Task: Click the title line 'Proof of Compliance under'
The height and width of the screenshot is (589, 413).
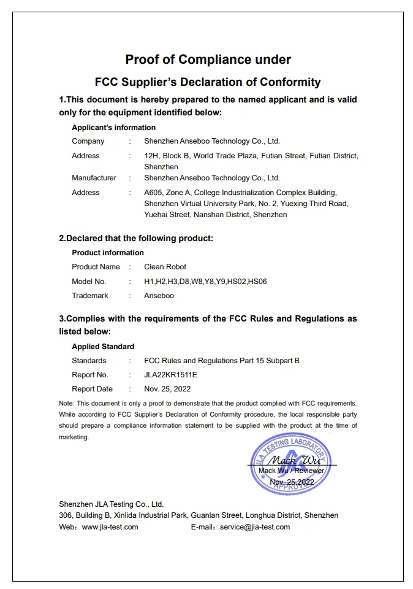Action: tap(208, 60)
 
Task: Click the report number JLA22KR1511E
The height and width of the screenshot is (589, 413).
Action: tap(171, 375)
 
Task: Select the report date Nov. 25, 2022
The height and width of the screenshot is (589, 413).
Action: tap(167, 389)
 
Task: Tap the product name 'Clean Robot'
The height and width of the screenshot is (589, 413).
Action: tap(165, 267)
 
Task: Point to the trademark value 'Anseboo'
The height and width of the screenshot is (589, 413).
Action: tap(159, 296)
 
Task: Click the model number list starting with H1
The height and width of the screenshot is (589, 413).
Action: tap(205, 282)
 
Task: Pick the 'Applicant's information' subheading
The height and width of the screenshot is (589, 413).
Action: tap(113, 128)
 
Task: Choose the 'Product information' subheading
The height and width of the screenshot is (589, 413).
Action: tap(108, 253)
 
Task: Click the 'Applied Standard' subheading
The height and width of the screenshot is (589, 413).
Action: tap(103, 347)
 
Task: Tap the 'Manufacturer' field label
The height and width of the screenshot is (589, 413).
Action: tap(94, 178)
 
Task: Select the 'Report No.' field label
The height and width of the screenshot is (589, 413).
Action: tap(90, 375)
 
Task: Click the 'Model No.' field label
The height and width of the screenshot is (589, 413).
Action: tap(89, 282)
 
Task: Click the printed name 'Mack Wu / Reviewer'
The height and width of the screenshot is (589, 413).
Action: tap(291, 471)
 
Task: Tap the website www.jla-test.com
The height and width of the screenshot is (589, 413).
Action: tap(110, 527)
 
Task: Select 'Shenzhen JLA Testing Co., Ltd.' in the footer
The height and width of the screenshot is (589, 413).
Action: tap(112, 504)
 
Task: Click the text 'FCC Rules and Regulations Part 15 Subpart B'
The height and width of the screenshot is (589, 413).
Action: tap(222, 361)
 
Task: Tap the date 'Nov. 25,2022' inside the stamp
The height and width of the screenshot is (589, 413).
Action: tap(292, 482)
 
